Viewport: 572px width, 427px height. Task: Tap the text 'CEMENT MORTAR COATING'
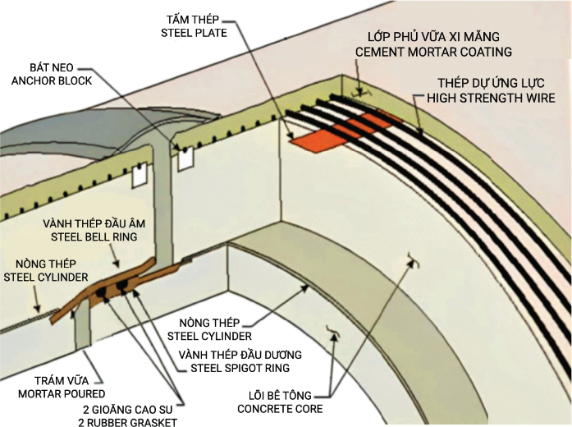(x=433, y=52)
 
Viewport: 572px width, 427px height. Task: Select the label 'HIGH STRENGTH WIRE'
(x=491, y=98)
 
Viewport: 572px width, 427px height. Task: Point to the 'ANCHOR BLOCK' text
(x=52, y=80)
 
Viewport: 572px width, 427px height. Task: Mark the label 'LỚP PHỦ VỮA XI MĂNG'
(x=433, y=37)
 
